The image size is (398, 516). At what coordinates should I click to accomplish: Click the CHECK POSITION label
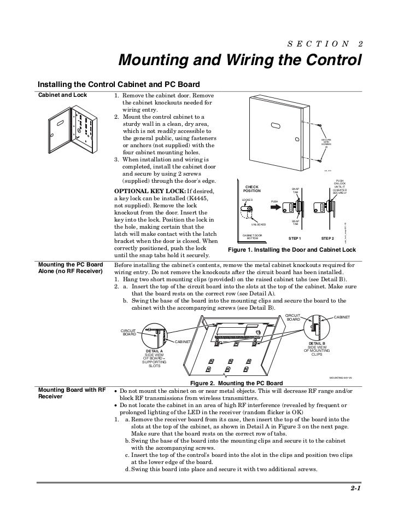point(252,189)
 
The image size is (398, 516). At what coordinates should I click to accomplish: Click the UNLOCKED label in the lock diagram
point(258,224)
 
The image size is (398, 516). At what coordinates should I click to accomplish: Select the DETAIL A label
point(154,351)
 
